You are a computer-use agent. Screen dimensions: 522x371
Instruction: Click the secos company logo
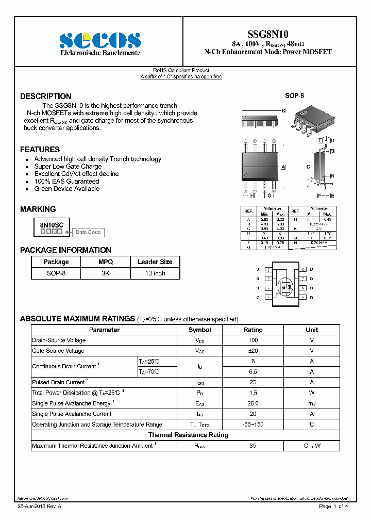tap(100, 40)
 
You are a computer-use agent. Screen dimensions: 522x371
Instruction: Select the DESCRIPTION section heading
tap(46, 96)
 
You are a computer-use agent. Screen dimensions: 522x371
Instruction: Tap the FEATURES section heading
tap(40, 150)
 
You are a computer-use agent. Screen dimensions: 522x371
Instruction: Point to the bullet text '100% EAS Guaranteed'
tap(66, 182)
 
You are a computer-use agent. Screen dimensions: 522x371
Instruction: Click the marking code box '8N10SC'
tap(52, 225)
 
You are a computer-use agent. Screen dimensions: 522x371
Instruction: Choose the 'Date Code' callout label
tap(88, 233)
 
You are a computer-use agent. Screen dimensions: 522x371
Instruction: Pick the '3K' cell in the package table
tap(106, 273)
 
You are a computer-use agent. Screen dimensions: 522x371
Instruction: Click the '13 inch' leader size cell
tap(155, 273)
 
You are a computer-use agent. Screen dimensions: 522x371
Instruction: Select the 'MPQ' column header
tap(106, 262)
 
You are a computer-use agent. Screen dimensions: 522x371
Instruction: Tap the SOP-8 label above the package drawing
tap(294, 96)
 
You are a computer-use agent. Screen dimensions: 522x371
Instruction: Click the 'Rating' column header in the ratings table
tap(252, 330)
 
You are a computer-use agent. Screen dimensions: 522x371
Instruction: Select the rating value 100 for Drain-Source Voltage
tap(252, 340)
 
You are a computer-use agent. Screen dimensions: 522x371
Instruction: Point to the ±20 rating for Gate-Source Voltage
tap(252, 351)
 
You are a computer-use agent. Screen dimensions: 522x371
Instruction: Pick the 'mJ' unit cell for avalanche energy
tap(312, 403)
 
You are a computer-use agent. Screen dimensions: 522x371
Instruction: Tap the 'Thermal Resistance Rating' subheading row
tap(188, 435)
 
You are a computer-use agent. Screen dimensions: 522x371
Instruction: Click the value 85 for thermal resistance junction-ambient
tap(252, 446)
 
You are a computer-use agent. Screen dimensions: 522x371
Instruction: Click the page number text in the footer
tap(333, 507)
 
